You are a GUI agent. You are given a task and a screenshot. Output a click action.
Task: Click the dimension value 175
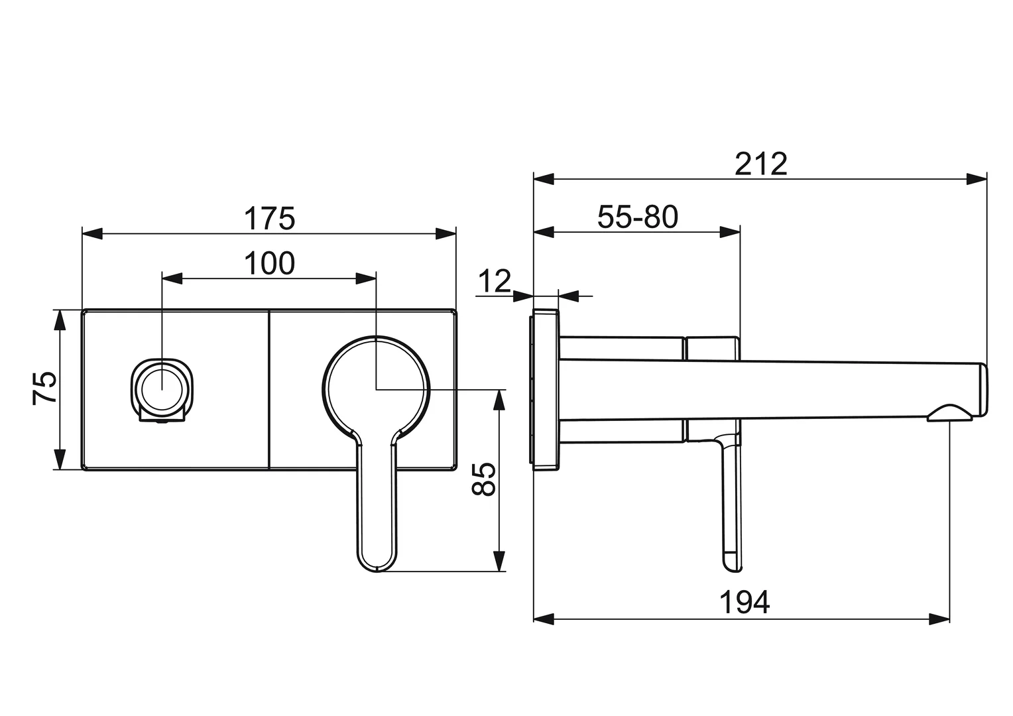(269, 218)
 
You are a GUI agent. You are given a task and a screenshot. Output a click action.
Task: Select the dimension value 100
(269, 263)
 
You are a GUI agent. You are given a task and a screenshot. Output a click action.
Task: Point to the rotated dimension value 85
(484, 479)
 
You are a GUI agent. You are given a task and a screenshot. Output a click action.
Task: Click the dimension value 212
(760, 164)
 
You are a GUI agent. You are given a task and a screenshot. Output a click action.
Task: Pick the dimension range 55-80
(638, 217)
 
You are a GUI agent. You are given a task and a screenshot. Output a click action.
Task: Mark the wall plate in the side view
(545, 390)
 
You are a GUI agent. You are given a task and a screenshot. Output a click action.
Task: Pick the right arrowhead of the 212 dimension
(977, 178)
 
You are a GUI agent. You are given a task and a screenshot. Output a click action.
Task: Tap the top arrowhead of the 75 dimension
(60, 319)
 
